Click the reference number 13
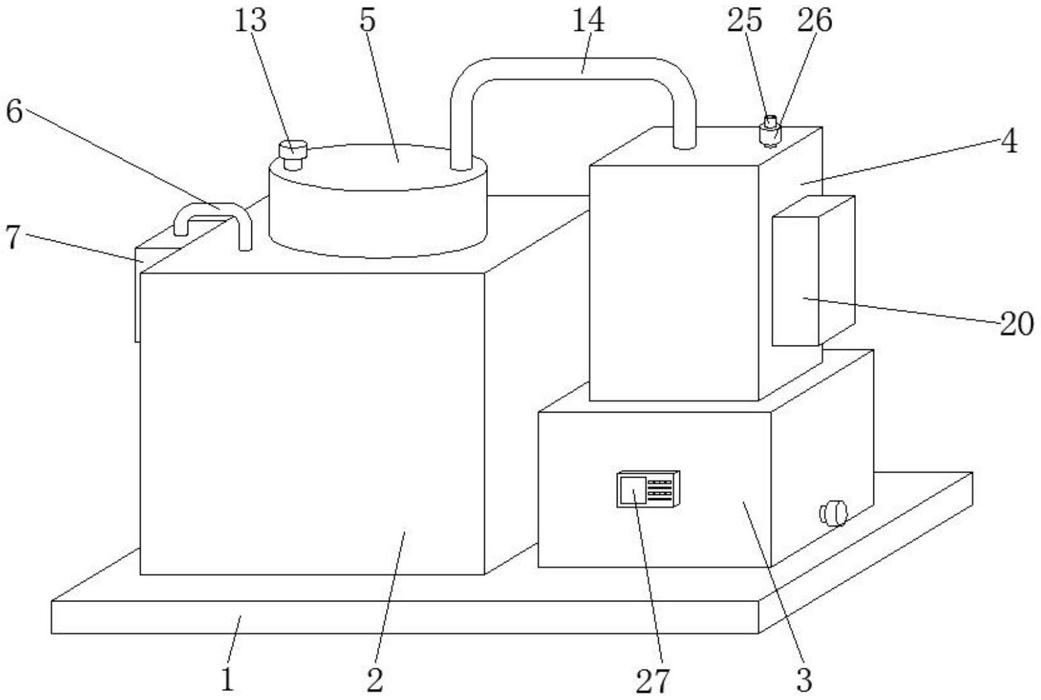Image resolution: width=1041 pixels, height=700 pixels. click(x=251, y=21)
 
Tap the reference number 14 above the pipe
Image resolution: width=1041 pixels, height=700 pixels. click(x=588, y=21)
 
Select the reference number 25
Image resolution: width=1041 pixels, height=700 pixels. click(x=744, y=21)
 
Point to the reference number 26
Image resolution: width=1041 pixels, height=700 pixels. click(x=815, y=21)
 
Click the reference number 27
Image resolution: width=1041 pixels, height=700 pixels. click(x=652, y=681)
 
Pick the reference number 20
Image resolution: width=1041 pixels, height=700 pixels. click(x=1017, y=324)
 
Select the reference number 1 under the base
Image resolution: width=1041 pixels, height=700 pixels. click(x=228, y=679)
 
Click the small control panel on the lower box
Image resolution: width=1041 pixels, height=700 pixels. click(x=648, y=489)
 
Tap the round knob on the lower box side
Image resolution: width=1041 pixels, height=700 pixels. click(x=833, y=513)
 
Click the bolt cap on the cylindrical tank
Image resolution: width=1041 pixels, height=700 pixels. click(x=292, y=155)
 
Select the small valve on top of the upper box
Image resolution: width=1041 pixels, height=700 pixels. click(x=770, y=131)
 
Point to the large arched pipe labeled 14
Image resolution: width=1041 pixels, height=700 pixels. click(x=573, y=69)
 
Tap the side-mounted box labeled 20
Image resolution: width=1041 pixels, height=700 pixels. click(x=813, y=271)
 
